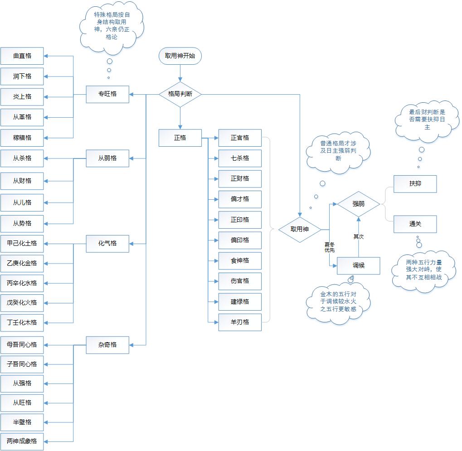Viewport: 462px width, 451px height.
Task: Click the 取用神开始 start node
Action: pos(180,56)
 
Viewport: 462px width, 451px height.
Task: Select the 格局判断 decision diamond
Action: pos(180,94)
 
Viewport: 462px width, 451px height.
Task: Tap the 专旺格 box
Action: pos(107,94)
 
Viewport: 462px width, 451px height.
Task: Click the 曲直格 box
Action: pos(22,56)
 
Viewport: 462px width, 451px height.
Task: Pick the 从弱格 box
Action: pos(107,158)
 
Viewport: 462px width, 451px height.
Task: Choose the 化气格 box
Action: pos(107,243)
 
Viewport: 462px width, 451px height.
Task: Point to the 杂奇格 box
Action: pos(107,345)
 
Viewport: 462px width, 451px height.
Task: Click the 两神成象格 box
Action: pos(22,441)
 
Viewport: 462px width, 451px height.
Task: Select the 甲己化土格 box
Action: pos(22,243)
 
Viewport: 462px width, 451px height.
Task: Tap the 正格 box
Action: pos(180,138)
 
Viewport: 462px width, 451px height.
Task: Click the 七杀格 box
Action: pos(240,158)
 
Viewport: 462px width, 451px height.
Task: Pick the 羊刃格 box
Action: pos(240,322)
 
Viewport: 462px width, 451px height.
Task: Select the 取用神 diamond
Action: pos(299,230)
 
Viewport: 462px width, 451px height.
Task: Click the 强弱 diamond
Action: pos(358,204)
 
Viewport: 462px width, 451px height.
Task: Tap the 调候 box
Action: pos(358,265)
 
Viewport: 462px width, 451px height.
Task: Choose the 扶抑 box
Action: pos(415,184)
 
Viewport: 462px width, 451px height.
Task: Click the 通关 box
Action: pos(415,224)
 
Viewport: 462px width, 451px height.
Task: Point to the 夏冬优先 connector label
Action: pos(330,247)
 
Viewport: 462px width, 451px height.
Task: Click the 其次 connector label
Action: pos(359,236)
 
